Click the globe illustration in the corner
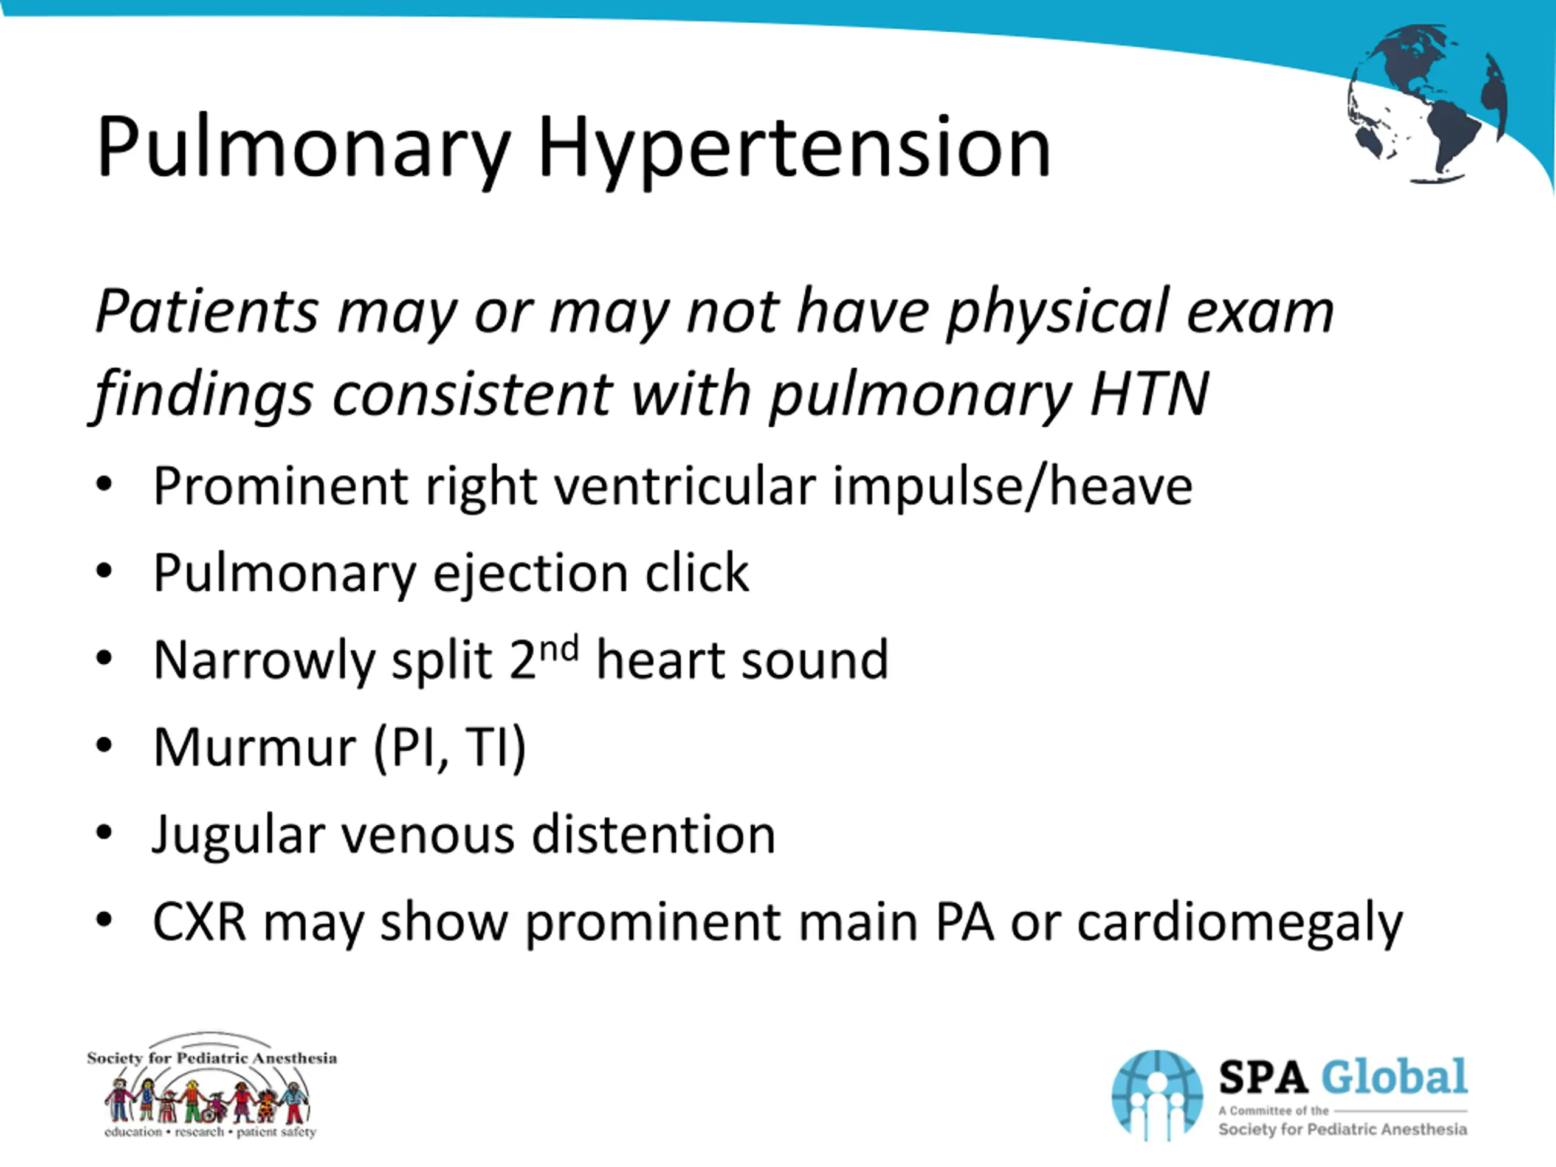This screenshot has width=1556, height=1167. coord(1428,104)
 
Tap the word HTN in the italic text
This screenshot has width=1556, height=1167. coord(1149,394)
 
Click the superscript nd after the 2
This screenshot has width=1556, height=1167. coord(559,648)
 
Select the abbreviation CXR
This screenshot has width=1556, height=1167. coord(200,921)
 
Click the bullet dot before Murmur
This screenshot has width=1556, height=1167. coord(104,746)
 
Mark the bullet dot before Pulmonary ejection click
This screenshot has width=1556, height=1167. coord(104,571)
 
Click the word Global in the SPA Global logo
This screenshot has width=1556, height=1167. coord(1394,1078)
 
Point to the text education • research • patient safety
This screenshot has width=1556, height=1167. coord(210,1132)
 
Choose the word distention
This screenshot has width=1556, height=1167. coord(653,835)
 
